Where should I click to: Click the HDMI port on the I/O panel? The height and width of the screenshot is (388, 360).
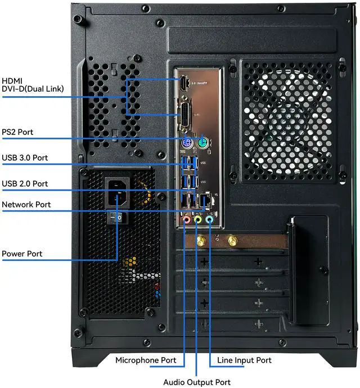(184, 83)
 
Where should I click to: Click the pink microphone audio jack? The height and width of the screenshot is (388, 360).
(187, 221)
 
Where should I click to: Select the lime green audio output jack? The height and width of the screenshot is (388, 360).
(198, 221)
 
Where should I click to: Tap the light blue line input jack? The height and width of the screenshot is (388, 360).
(209, 221)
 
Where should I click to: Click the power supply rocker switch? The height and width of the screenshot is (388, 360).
(117, 217)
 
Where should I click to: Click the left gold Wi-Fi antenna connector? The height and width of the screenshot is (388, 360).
(200, 242)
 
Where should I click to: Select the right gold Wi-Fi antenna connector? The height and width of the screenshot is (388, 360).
(231, 242)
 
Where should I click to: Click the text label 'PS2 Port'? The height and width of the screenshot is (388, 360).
(17, 132)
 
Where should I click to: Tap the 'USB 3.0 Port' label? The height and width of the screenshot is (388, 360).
(25, 157)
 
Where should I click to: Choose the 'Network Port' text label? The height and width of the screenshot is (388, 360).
(26, 205)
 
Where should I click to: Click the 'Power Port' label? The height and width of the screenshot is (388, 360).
(22, 254)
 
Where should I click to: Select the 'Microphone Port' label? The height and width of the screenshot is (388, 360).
(146, 360)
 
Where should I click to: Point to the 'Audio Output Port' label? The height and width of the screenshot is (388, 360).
(197, 382)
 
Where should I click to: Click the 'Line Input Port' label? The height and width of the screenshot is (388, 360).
(244, 360)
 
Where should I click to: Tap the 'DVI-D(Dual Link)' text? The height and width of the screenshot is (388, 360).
(33, 89)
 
